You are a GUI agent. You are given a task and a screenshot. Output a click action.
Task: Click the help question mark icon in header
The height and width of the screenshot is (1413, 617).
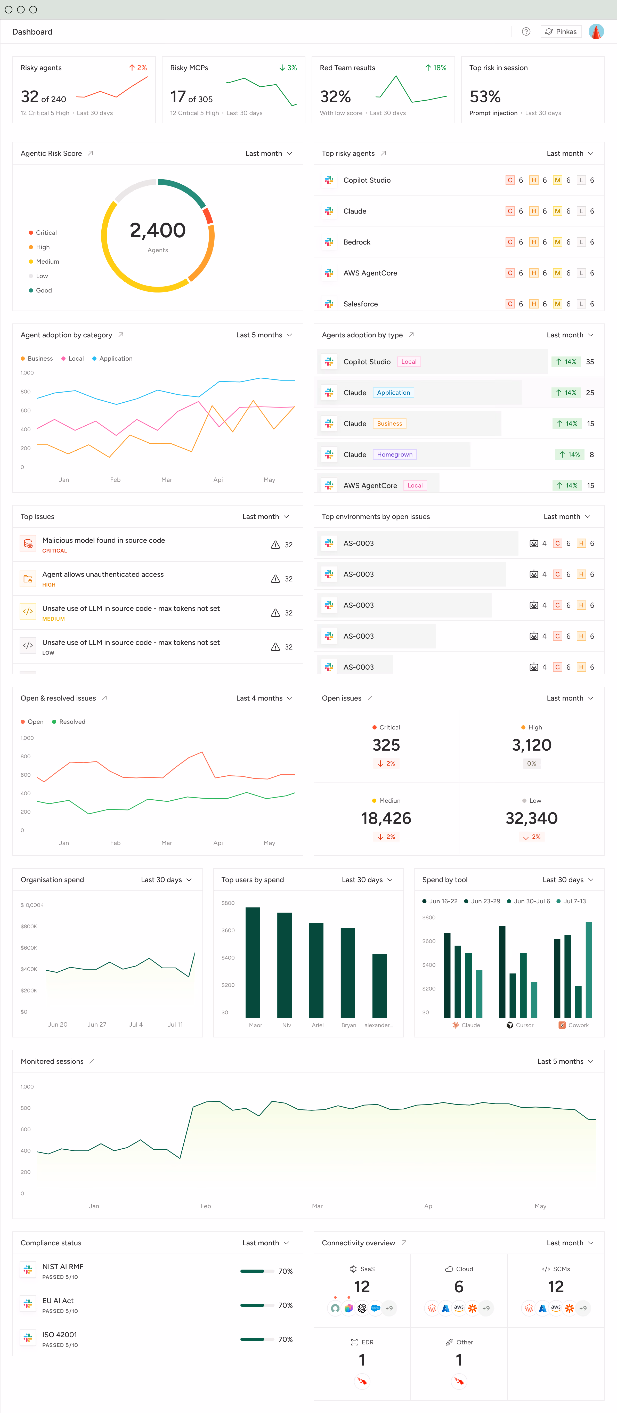pyautogui.click(x=526, y=32)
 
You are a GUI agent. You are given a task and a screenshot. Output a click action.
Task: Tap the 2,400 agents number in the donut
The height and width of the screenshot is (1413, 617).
pyautogui.click(x=158, y=230)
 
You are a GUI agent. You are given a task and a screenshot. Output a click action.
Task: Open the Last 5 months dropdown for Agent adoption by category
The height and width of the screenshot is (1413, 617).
pyautogui.click(x=264, y=335)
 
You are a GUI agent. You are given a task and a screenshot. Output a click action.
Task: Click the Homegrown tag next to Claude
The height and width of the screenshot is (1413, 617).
pyautogui.click(x=395, y=455)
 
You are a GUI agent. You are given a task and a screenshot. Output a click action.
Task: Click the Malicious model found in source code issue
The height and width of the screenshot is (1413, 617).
pyautogui.click(x=104, y=540)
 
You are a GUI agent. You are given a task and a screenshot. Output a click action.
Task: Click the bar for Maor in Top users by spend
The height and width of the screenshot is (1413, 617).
pyautogui.click(x=253, y=963)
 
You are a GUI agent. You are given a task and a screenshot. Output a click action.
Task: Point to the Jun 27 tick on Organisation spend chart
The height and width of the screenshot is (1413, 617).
pyautogui.click(x=97, y=1025)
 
